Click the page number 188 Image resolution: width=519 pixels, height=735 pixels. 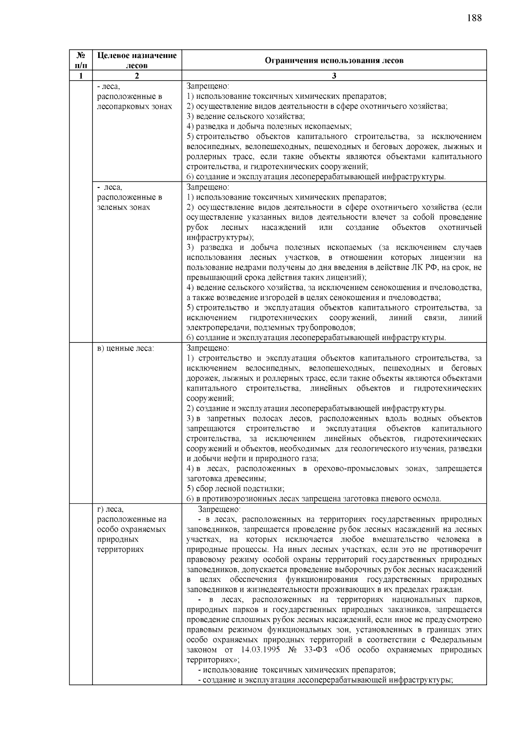click(x=474, y=18)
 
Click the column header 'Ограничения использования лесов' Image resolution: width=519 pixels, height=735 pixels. click(x=334, y=60)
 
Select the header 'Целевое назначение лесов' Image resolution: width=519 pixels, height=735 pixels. click(x=137, y=60)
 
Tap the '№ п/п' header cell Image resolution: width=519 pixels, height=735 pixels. click(x=80, y=60)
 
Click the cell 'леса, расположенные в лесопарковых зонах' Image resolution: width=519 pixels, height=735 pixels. click(x=134, y=97)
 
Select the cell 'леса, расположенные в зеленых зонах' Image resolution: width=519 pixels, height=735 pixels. click(x=130, y=197)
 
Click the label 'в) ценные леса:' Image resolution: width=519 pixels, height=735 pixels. click(x=125, y=348)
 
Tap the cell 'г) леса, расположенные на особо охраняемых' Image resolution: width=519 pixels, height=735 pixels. click(x=131, y=529)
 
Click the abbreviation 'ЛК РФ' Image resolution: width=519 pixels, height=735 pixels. click(x=428, y=268)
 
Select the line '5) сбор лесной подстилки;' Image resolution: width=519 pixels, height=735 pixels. click(x=235, y=488)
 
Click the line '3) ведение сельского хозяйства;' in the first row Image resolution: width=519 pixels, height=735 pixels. click(x=246, y=116)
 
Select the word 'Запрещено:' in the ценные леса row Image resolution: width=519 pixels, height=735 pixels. click(x=208, y=348)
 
